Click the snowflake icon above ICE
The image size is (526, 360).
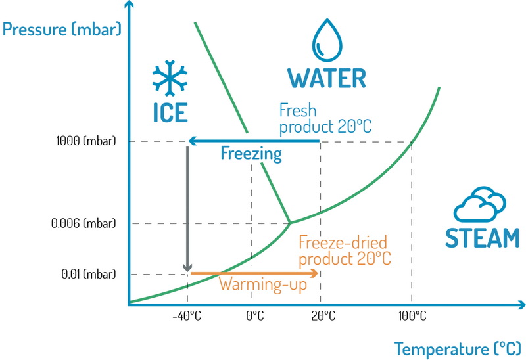click(x=170, y=79)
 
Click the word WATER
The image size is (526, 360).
click(x=327, y=78)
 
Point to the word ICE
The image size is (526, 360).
click(x=170, y=113)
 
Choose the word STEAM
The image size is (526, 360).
click(x=482, y=237)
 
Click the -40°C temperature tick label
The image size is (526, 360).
click(x=187, y=317)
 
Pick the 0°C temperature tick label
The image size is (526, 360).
click(x=254, y=317)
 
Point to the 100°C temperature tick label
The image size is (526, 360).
click(x=412, y=317)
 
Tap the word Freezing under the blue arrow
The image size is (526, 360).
click(x=251, y=154)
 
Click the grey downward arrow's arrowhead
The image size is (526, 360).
click(x=187, y=267)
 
